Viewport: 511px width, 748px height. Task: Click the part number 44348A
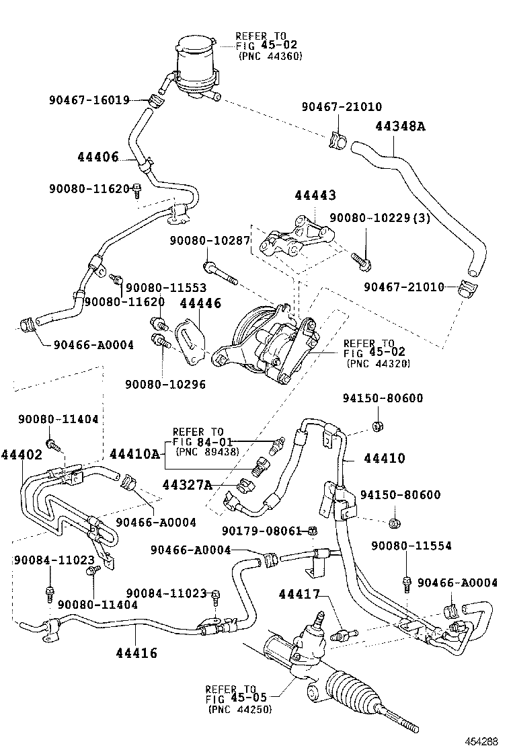[401, 126]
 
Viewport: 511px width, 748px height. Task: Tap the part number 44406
[97, 157]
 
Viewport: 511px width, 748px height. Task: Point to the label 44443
[315, 196]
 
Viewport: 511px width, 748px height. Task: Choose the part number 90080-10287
[210, 240]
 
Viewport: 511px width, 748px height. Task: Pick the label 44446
[200, 304]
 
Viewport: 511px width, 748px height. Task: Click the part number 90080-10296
[165, 385]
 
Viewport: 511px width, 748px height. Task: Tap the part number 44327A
[187, 484]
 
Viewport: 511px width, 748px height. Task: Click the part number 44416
[136, 652]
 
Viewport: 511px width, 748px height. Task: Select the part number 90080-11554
[411, 546]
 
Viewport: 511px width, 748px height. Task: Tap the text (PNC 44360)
[270, 56]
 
